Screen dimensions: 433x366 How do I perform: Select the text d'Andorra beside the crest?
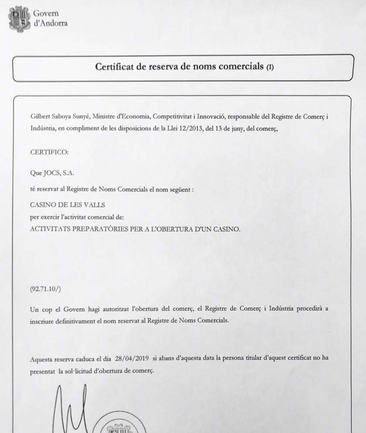(51, 24)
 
